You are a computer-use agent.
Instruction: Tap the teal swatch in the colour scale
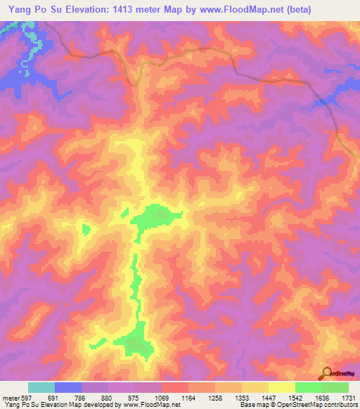coord(41,387)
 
